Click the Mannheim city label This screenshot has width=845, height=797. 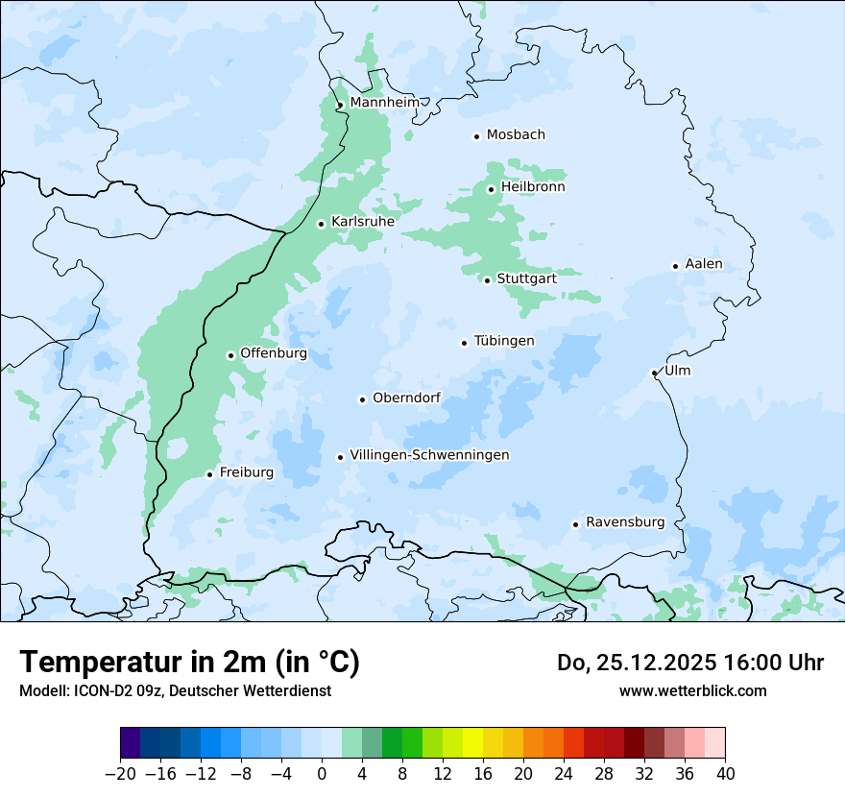point(384,102)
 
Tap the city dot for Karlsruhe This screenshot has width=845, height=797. point(322,224)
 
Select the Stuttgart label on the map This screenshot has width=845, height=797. point(526,278)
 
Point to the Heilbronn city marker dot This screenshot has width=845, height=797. point(491,189)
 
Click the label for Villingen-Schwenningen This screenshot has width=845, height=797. point(429,455)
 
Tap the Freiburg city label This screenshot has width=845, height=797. point(246,472)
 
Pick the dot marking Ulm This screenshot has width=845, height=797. point(654,373)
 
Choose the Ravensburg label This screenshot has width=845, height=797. point(624,522)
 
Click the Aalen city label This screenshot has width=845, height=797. point(704,264)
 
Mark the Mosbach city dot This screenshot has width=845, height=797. point(476,136)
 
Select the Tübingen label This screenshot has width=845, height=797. point(503,341)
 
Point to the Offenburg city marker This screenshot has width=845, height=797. point(230,355)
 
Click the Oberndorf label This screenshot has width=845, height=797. point(406,398)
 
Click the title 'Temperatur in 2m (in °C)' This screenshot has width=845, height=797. point(189,662)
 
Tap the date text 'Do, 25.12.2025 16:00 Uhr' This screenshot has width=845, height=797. point(689,663)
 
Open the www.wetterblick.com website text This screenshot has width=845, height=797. point(692,690)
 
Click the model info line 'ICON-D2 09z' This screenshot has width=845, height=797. point(175,690)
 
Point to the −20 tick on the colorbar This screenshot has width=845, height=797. point(121,774)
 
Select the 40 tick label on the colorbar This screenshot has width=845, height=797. point(725,774)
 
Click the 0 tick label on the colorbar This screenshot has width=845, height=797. point(322,774)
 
